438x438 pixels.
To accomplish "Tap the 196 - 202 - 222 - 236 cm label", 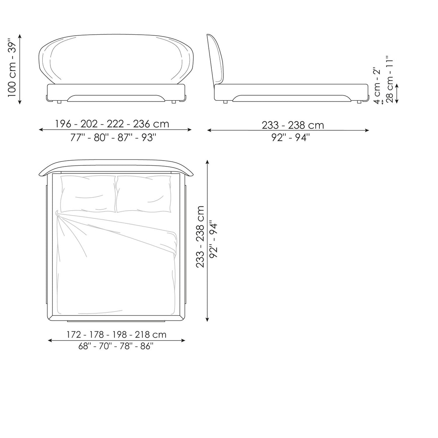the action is [x=112, y=124].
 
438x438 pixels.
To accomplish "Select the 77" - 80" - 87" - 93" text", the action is [x=113, y=138].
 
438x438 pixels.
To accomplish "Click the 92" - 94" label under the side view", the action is [x=291, y=137].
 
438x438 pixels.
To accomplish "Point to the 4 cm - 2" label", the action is [x=377, y=85].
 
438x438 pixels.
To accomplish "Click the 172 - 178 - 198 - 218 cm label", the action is [x=116, y=335].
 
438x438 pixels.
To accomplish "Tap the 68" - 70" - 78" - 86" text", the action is [x=116, y=346].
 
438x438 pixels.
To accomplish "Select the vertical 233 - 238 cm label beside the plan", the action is [x=200, y=237].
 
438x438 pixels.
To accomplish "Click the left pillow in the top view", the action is [x=88, y=194].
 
